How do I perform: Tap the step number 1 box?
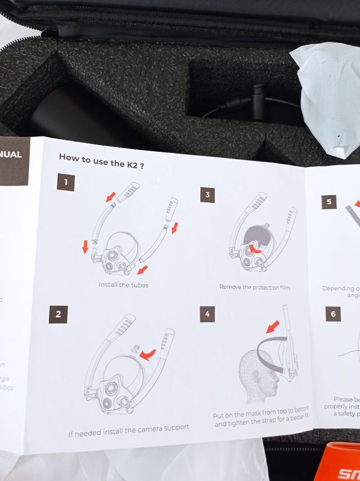tap(66, 182)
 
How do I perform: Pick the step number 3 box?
tap(207, 195)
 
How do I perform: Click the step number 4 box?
tap(207, 314)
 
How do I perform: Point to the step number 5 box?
tap(329, 201)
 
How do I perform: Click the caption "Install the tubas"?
tap(124, 285)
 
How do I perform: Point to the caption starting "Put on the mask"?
tap(262, 419)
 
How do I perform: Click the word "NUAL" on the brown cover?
tap(11, 154)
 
